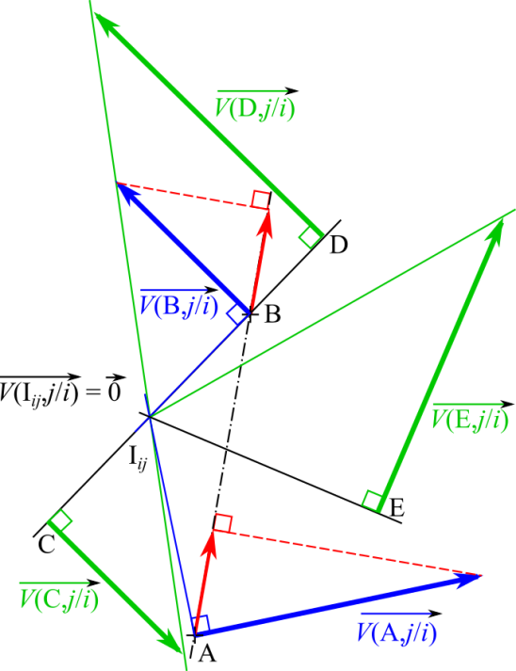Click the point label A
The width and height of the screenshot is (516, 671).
coord(207,653)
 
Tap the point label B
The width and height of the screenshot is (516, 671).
coord(273,314)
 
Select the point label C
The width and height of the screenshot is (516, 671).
coord(46,545)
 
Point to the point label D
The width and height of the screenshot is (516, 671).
coord(339,246)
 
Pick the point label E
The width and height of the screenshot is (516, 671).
coord(397,508)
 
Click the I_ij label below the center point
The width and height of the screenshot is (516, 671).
coord(137,458)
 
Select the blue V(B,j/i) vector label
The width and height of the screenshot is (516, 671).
coord(179,302)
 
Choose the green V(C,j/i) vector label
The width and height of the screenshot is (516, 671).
coord(59,595)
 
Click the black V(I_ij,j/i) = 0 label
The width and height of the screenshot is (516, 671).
coord(62,389)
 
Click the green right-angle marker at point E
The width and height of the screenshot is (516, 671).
coord(372,501)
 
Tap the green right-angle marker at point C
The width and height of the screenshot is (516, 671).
coord(60,520)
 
